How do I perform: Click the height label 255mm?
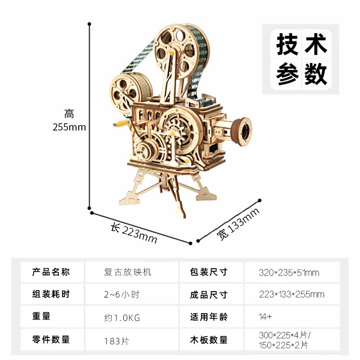[69, 127]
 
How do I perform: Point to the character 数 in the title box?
[315, 73]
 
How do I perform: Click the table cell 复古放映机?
[128, 272]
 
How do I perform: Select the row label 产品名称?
[51, 272]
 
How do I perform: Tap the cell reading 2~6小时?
[121, 295]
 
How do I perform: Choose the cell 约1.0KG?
[122, 318]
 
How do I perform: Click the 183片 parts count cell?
[116, 340]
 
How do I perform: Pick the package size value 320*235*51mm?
[289, 272]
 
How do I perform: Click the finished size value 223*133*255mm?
[292, 295]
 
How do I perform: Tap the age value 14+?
[265, 317]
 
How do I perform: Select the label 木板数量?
[209, 340]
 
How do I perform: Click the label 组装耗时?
[51, 295]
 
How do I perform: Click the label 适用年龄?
[209, 317]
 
